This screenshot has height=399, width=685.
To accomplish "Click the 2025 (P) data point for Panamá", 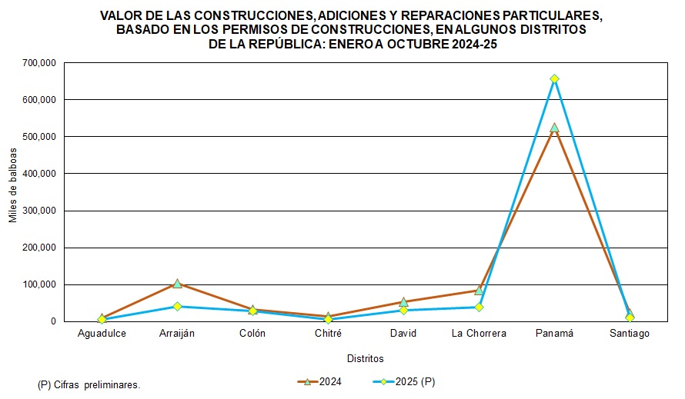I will tap(554, 78).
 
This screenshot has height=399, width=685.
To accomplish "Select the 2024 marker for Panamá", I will tap(554, 128).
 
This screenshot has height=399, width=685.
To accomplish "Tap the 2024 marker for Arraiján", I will tap(177, 284).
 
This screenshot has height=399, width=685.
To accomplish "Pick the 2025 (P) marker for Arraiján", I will tap(177, 306).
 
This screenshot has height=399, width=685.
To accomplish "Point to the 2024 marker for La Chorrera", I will tap(479, 291).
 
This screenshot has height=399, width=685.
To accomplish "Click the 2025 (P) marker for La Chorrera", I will tap(479, 307).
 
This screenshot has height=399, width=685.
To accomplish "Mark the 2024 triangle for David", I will tap(403, 302).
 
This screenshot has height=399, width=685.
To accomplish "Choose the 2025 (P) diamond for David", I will tap(403, 310).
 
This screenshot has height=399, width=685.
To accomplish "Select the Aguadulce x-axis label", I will tap(102, 334).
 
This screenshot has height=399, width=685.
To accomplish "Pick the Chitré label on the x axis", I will tap(328, 334).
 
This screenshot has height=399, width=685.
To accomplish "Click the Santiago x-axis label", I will tap(630, 334).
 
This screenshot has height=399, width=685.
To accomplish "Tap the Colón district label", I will tap(252, 334).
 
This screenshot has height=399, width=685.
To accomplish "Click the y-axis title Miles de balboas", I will tap(13, 192).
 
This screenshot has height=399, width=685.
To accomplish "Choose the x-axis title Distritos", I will tap(365, 358).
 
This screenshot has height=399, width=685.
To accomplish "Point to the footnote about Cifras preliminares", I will tap(89, 384).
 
